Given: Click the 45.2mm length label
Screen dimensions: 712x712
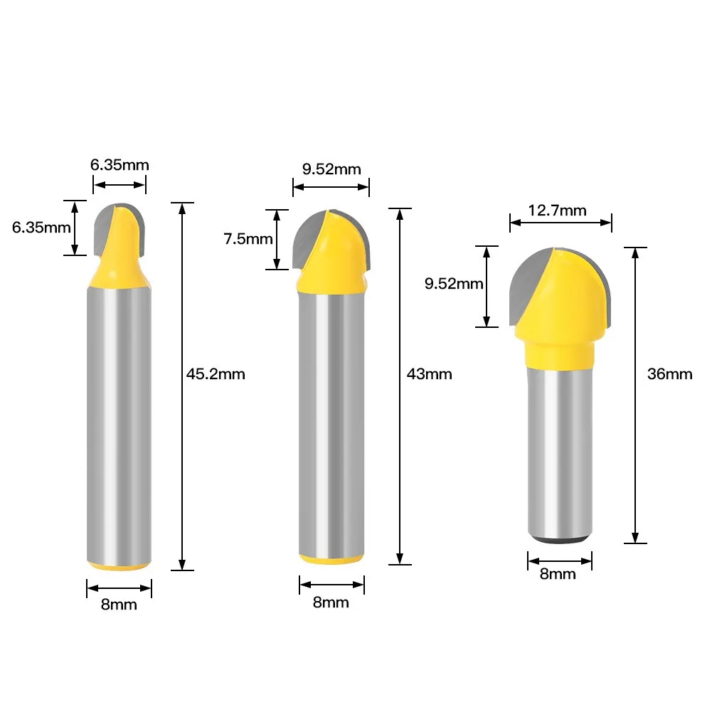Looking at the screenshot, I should tap(216, 374).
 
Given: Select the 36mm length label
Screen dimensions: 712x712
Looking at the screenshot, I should tap(669, 374).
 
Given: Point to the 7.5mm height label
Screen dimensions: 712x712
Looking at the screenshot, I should tap(248, 239).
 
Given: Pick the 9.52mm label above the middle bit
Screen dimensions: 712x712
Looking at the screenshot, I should tap(331, 169).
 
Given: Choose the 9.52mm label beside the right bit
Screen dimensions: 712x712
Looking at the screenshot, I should tap(454, 285).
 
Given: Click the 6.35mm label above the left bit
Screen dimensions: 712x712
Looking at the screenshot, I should tap(119, 165).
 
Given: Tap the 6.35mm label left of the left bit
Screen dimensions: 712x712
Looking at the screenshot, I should tap(41, 228).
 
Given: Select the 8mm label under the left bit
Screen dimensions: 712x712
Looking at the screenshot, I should tap(119, 605).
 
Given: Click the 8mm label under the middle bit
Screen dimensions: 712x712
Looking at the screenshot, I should tap(331, 602).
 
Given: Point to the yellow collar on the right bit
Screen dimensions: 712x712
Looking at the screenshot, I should tap(560, 352).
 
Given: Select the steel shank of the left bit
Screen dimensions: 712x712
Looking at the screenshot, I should tap(119, 427).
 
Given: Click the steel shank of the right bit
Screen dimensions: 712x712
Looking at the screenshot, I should tap(560, 448).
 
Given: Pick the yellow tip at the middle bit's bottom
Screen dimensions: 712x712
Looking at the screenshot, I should tap(331, 560).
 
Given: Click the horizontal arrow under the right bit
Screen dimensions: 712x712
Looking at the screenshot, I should tap(560, 560).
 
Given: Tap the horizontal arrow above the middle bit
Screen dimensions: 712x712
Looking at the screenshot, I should tap(331, 187).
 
